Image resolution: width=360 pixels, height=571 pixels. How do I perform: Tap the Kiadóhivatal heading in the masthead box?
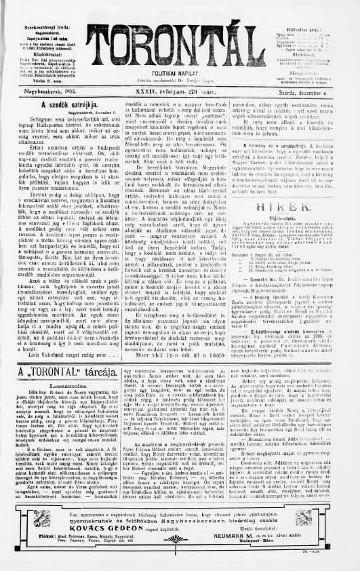point(31,50)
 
